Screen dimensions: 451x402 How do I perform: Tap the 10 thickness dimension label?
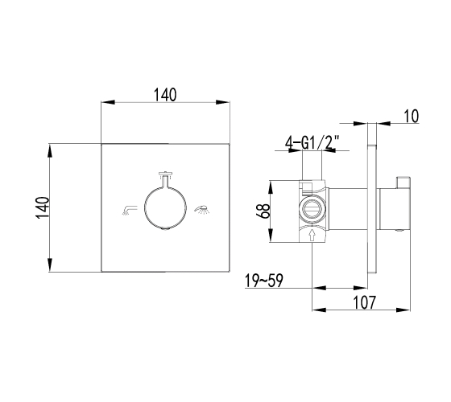[412, 117]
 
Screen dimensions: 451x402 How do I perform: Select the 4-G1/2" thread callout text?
[312, 143]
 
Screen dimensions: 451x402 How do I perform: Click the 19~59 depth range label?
[264, 281]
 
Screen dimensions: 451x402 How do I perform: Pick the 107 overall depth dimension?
[364, 302]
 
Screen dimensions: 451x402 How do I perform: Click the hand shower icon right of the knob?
[202, 209]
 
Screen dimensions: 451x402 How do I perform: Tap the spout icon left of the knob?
[129, 210]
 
